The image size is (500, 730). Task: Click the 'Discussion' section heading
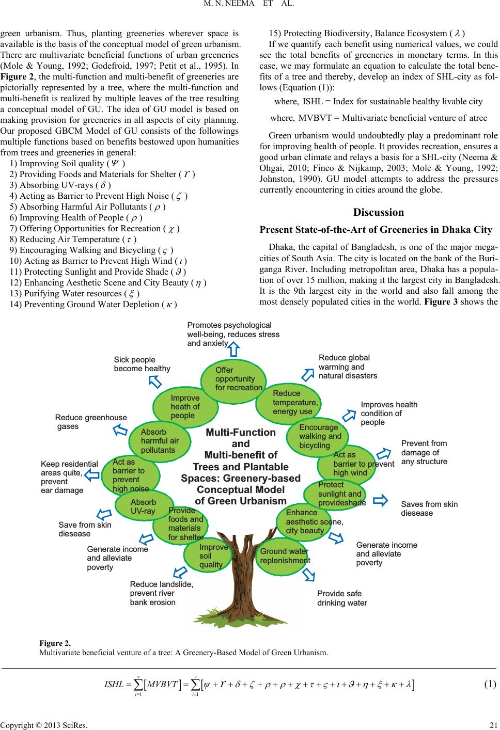(x=378, y=212)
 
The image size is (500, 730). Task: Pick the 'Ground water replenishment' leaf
(x=282, y=557)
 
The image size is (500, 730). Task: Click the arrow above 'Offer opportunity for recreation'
(x=234, y=349)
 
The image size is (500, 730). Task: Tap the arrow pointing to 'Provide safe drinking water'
(x=308, y=575)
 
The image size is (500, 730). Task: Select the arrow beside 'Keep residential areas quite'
(x=91, y=475)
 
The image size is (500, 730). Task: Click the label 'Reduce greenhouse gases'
(x=91, y=422)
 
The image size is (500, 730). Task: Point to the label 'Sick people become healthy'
(x=142, y=364)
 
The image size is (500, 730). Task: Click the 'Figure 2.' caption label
(x=55, y=643)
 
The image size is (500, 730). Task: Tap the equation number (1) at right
(x=490, y=684)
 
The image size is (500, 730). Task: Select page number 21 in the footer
(x=493, y=725)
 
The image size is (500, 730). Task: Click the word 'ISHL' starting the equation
(x=114, y=684)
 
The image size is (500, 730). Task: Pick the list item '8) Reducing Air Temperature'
(x=73, y=239)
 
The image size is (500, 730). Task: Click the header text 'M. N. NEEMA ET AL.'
(x=248, y=4)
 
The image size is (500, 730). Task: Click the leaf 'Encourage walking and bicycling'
(x=317, y=436)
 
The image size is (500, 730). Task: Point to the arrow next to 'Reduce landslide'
(x=180, y=572)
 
